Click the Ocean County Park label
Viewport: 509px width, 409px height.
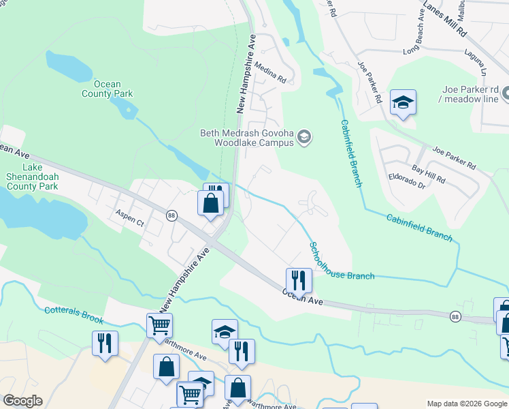[107, 89]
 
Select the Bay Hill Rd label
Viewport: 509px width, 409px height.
[428, 174]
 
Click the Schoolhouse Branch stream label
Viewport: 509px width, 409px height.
[340, 262]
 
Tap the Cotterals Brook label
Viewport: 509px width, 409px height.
[74, 315]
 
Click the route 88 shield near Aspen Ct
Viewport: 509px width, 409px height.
[171, 215]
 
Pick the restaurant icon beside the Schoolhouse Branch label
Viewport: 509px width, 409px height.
[299, 279]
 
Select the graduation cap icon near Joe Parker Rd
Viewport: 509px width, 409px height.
[403, 103]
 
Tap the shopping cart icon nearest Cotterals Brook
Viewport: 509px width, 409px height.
[159, 326]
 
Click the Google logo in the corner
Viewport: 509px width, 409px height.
[22, 401]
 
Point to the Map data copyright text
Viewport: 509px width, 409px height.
[467, 404]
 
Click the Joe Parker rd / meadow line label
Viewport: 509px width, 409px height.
[470, 94]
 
